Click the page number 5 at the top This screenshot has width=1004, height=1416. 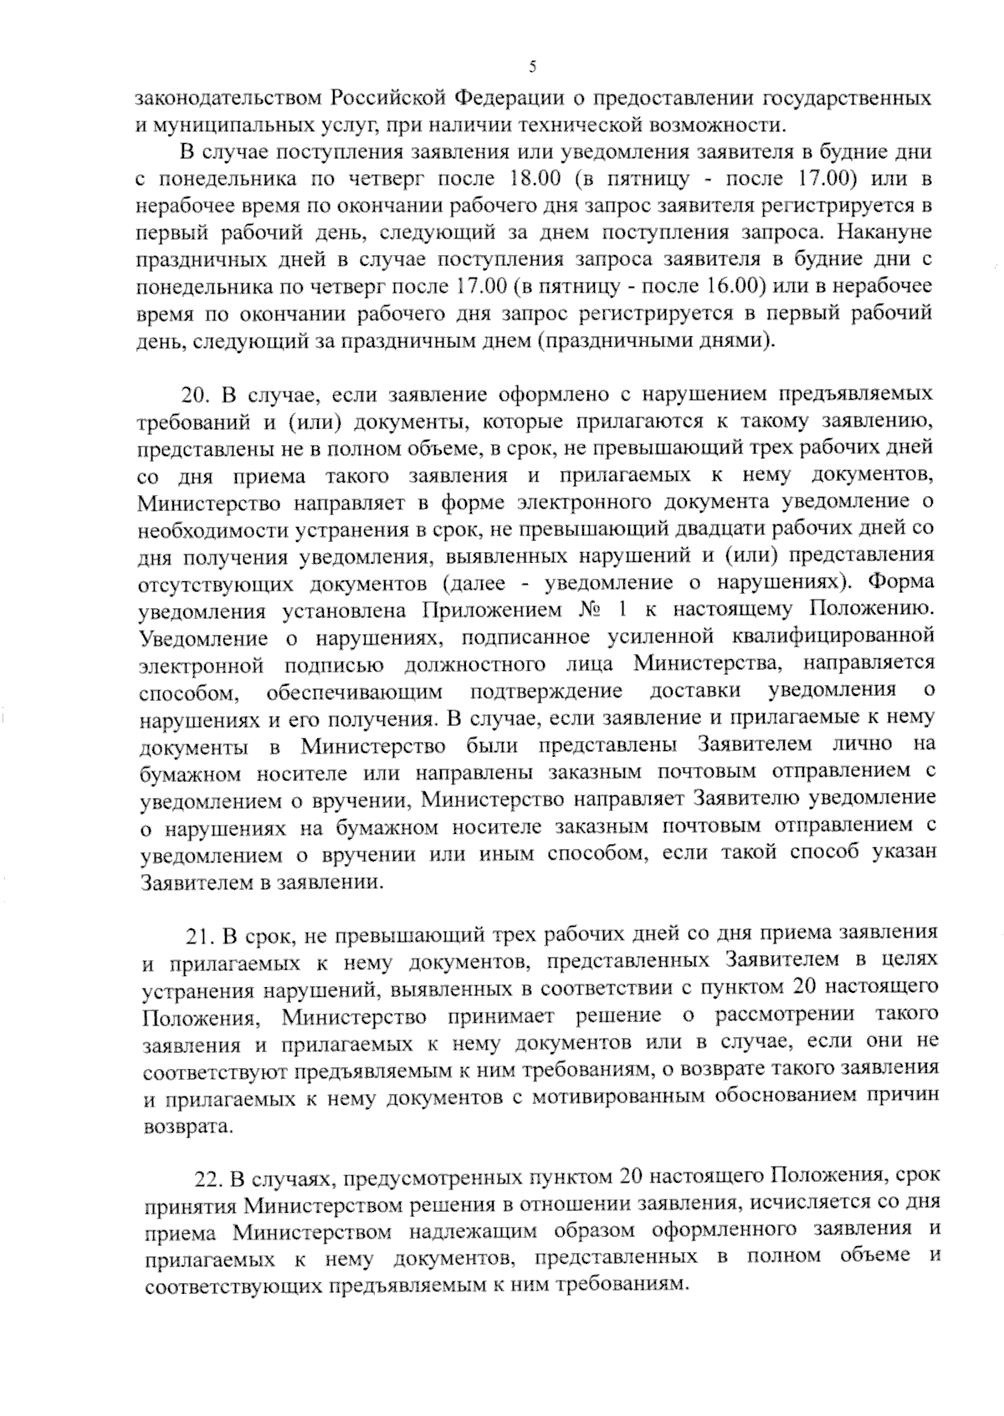tap(532, 68)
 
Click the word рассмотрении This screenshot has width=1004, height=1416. tap(784, 1015)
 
